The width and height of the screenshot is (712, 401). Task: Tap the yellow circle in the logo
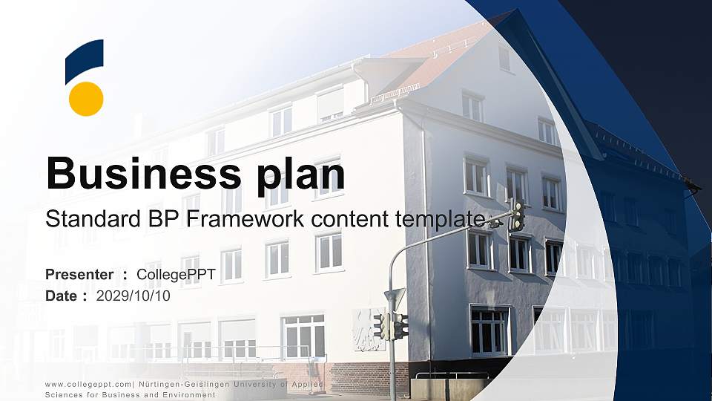[86, 99]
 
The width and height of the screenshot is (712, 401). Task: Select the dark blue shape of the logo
[84, 60]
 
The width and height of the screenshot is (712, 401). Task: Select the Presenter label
[79, 275]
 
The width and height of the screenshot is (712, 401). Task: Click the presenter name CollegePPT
[176, 275]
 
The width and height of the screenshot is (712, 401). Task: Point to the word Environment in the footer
[188, 395]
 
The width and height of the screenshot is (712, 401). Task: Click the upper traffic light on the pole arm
[517, 215]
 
